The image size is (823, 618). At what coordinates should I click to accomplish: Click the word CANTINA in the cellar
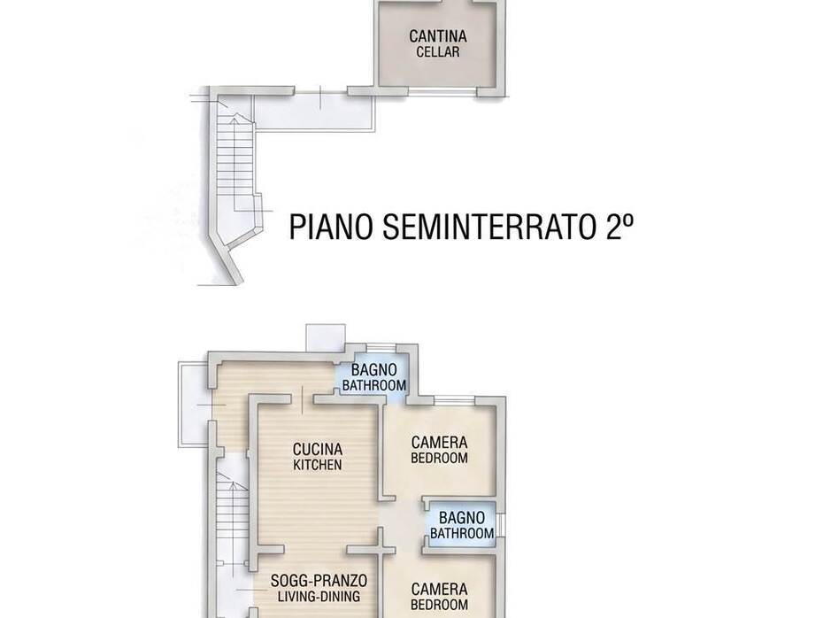point(438,36)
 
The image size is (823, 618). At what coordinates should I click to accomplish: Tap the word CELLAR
point(438,52)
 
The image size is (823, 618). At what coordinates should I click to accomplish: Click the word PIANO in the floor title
point(331,227)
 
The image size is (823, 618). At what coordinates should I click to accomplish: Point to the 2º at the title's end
point(619,227)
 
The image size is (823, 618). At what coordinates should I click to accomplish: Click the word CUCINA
point(318,450)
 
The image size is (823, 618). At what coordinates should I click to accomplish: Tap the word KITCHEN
point(318,465)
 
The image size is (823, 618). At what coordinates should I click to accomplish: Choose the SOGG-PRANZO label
point(319,581)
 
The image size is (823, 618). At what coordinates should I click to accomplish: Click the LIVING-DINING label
point(319,597)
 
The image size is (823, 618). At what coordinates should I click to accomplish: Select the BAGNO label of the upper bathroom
point(373,370)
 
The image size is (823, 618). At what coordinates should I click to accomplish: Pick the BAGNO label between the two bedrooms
point(461,518)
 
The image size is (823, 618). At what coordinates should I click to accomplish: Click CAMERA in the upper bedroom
point(439,443)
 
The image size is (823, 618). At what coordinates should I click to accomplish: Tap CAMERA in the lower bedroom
point(439,589)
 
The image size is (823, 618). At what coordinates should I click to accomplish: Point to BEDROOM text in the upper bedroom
point(439,459)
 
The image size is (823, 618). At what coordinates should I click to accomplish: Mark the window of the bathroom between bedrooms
point(500,524)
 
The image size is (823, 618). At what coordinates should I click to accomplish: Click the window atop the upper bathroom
point(381,347)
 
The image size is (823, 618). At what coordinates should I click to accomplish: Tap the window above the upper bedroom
point(455,399)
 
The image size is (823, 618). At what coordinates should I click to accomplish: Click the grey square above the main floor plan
point(326,337)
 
